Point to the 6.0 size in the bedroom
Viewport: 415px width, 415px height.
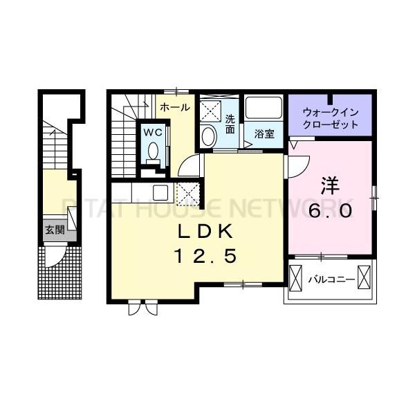click(330, 210)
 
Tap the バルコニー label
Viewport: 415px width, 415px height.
click(331, 279)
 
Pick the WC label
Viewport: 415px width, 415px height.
click(152, 131)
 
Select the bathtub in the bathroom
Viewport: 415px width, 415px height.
click(264, 109)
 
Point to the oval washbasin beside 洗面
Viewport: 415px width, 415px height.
click(207, 136)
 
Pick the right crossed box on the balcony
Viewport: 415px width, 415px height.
click(365, 279)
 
